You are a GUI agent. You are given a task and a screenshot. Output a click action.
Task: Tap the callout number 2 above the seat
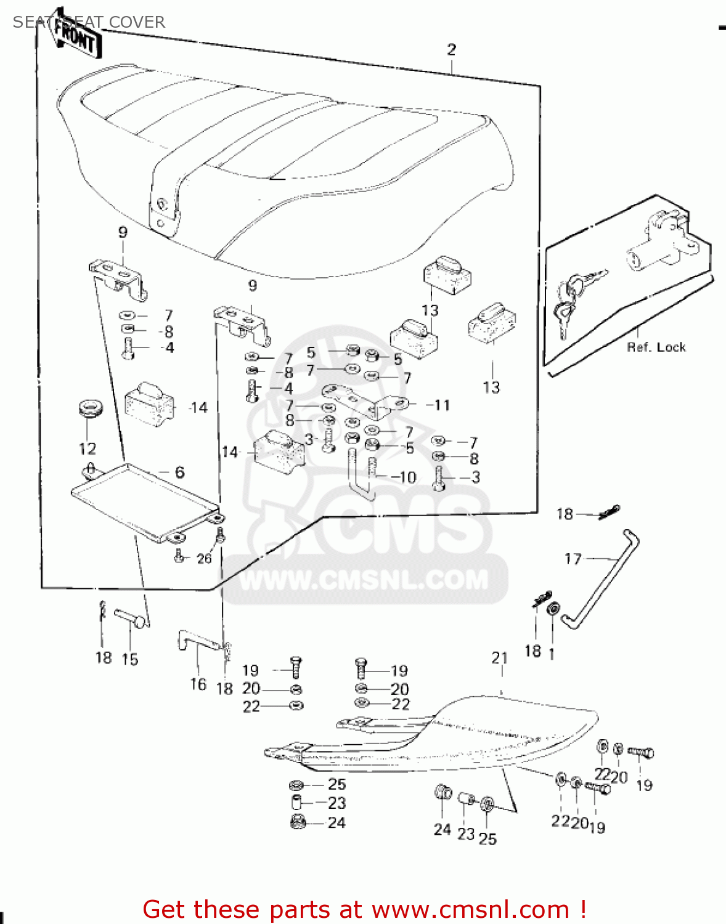pyautogui.click(x=452, y=50)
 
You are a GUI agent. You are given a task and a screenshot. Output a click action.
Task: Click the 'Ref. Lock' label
pyautogui.click(x=656, y=347)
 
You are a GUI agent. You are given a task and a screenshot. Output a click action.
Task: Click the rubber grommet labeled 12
pyautogui.click(x=91, y=409)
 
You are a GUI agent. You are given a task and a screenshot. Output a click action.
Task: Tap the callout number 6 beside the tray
pyautogui.click(x=179, y=472)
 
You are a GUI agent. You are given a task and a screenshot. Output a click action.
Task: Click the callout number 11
pyautogui.click(x=442, y=405)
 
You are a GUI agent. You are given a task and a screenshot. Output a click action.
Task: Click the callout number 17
pyautogui.click(x=573, y=559)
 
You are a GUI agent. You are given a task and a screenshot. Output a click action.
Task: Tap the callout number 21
pyautogui.click(x=500, y=658)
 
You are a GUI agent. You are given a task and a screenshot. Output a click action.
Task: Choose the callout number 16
pyautogui.click(x=198, y=684)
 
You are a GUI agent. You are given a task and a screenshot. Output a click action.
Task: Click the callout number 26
pyautogui.click(x=204, y=558)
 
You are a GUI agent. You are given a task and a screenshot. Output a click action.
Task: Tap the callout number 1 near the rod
pyautogui.click(x=552, y=654)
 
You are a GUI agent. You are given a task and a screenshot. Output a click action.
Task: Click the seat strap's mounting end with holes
pyautogui.click(x=165, y=213)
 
